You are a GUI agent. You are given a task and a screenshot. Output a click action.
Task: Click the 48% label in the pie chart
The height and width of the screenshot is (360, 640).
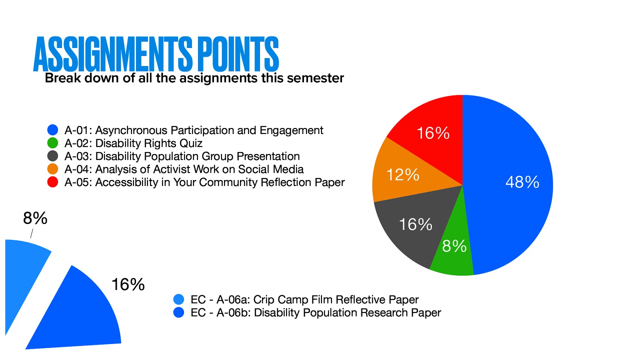pyautogui.click(x=522, y=182)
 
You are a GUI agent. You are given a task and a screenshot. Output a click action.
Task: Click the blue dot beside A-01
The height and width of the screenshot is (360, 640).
pyautogui.click(x=53, y=130)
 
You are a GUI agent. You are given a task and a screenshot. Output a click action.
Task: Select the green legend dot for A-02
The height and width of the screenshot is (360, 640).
pyautogui.click(x=53, y=143)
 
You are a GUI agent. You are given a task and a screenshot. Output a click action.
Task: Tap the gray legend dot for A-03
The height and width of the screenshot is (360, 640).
pyautogui.click(x=53, y=156)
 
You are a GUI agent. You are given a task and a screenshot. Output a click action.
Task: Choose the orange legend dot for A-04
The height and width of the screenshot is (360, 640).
pyautogui.click(x=53, y=169)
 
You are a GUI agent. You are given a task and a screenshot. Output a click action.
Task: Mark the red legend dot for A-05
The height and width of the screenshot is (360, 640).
pyautogui.click(x=53, y=182)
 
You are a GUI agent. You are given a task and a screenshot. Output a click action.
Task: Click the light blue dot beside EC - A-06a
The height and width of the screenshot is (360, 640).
pyautogui.click(x=179, y=299)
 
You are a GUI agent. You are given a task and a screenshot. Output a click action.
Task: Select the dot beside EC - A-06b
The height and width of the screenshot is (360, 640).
pyautogui.click(x=179, y=312)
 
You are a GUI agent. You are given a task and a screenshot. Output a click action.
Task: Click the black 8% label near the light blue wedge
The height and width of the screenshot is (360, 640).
pyautogui.click(x=35, y=218)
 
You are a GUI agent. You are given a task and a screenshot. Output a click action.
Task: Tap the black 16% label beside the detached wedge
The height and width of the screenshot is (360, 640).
pyautogui.click(x=128, y=284)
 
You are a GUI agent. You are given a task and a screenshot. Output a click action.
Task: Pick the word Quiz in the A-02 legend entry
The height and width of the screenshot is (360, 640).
pyautogui.click(x=191, y=143)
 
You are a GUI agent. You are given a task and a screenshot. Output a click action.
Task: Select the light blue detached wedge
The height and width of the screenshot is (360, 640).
pyautogui.click(x=24, y=272)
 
